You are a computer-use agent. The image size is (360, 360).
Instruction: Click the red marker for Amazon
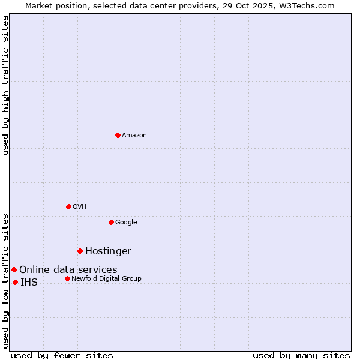pos(118,135)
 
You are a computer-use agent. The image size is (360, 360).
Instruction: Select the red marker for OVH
pos(68,206)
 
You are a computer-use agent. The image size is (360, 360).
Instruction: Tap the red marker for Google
pos(111,222)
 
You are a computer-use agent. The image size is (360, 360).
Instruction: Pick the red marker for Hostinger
pos(80,251)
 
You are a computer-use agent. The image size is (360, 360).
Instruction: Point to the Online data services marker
pos(14,269)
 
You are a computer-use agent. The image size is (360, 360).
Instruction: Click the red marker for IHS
pos(15,282)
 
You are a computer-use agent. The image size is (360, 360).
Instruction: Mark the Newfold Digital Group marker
pos(67,278)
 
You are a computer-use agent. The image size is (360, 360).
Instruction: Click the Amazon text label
pos(134,136)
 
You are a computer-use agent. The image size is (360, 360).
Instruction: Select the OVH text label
pos(80,207)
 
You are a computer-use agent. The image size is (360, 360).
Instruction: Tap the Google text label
pos(126,223)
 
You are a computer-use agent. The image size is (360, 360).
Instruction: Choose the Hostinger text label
pos(108,251)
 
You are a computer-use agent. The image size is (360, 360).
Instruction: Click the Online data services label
pos(68,270)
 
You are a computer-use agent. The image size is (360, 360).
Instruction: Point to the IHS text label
pos(29,283)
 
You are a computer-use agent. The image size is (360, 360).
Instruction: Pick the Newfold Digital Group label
pos(106,279)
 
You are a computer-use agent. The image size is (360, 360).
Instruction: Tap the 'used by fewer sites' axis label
pos(62,355)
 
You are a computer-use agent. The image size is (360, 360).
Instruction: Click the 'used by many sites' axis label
pos(301,355)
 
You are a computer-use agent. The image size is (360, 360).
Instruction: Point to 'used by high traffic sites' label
pos(5,85)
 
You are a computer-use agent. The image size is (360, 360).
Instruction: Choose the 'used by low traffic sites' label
pos(5,281)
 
